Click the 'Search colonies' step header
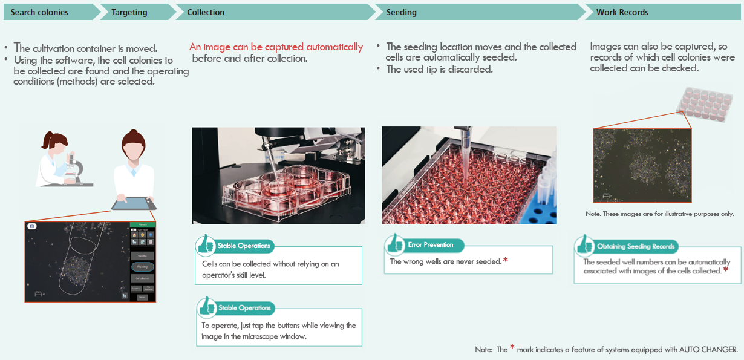click(x=40, y=12)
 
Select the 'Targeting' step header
click(x=129, y=12)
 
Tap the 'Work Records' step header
click(x=622, y=12)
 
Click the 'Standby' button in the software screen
click(x=142, y=256)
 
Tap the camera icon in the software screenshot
click(x=31, y=226)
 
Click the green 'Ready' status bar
click(x=143, y=224)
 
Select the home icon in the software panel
click(x=134, y=234)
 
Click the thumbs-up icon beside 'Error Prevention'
click(x=394, y=245)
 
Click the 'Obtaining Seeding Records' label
click(x=636, y=246)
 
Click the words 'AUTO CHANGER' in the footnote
click(x=708, y=350)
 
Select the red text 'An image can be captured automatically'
click(x=276, y=47)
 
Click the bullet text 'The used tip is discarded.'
click(x=440, y=69)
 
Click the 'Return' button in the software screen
click(x=142, y=297)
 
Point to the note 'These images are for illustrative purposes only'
click(x=659, y=214)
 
